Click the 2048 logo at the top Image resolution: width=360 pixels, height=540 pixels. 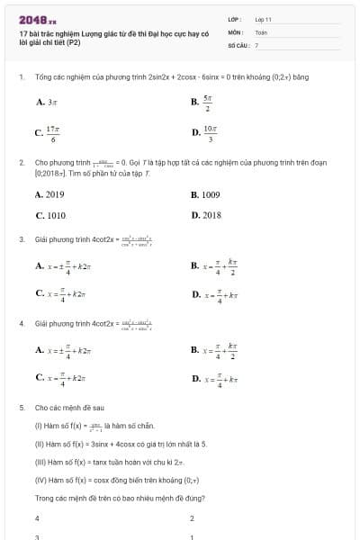point(37,19)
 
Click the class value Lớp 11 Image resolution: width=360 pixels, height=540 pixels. point(263,19)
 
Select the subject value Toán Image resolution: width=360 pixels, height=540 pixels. point(261,31)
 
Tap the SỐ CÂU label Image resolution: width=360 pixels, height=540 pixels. point(237,44)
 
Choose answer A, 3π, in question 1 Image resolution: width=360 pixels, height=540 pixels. point(47,103)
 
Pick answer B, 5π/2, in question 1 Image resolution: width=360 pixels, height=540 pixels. point(202,103)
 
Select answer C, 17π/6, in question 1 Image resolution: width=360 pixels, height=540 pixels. point(48,133)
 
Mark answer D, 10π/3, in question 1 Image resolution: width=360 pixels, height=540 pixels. point(204,133)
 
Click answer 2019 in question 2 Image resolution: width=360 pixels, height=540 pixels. point(50,194)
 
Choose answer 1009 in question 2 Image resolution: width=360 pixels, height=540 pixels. point(206,194)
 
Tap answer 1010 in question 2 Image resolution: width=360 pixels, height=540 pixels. point(50,216)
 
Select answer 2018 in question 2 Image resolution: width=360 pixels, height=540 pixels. point(207,216)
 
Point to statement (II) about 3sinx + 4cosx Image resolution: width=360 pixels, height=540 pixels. point(121,444)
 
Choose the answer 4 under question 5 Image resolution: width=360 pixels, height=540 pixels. point(37,518)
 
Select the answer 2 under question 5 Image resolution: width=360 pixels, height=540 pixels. point(193,518)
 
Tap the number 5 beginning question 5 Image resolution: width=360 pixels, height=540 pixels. point(21,407)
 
